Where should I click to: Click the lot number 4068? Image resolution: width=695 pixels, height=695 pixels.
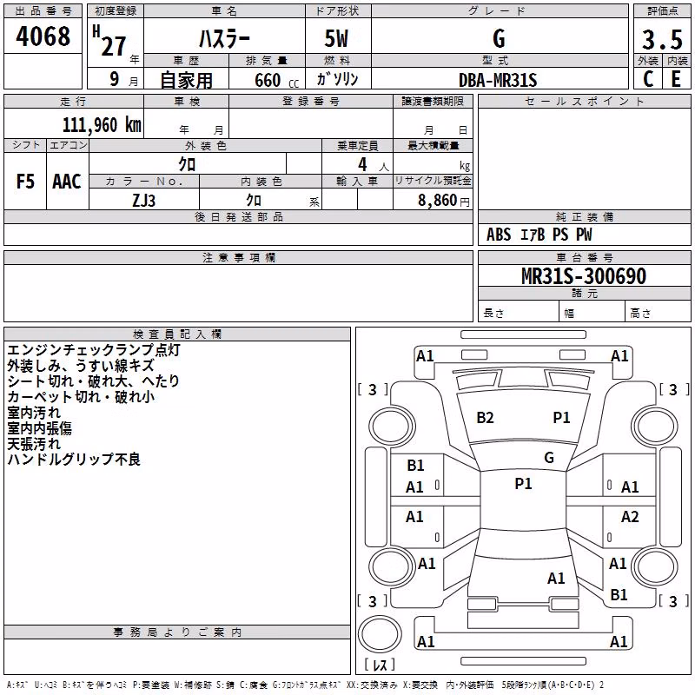pyautogui.click(x=43, y=36)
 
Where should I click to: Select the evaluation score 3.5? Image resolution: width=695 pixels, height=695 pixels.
pyautogui.click(x=662, y=39)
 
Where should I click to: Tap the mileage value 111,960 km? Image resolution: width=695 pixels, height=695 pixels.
pyautogui.click(x=102, y=125)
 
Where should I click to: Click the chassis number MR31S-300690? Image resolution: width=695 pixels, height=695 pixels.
pyautogui.click(x=584, y=276)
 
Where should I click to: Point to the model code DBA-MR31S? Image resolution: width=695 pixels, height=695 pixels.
pyautogui.click(x=498, y=80)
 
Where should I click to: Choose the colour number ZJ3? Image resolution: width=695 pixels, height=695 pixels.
pyautogui.click(x=143, y=201)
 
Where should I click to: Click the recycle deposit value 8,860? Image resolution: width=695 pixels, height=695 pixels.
pyautogui.click(x=437, y=201)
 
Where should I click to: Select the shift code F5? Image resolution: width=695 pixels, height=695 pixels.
pyautogui.click(x=25, y=182)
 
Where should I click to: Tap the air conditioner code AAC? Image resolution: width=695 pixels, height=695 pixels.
pyautogui.click(x=67, y=182)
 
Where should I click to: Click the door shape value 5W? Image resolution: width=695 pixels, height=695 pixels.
pyautogui.click(x=336, y=38)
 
